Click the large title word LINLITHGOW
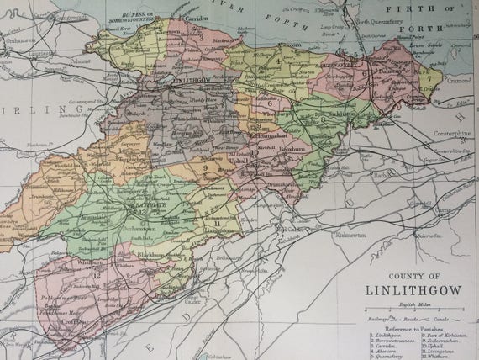point(413,292)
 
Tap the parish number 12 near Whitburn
point(97,274)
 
